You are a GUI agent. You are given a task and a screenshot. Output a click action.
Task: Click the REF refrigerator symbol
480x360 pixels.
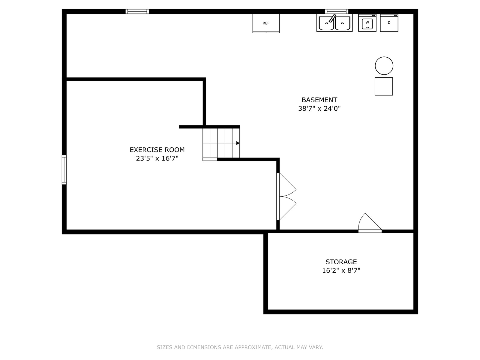click(x=266, y=23)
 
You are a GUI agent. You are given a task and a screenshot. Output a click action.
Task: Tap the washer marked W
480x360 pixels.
click(x=367, y=23)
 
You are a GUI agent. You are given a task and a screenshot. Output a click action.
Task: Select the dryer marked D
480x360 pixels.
click(x=389, y=23)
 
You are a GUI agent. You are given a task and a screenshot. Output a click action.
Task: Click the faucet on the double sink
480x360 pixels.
click(x=332, y=18)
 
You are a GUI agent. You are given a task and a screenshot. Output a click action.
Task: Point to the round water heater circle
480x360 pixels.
click(x=384, y=66)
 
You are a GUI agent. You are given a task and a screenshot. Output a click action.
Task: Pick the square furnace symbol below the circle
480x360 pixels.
click(x=384, y=86)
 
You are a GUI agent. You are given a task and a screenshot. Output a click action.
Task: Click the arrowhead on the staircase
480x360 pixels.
click(x=238, y=143)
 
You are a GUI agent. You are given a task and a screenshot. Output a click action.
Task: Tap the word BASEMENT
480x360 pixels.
click(x=319, y=100)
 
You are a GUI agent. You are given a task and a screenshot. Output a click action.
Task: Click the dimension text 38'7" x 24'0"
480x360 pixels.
click(x=319, y=108)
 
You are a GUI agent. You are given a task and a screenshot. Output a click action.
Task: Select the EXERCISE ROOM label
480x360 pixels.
click(x=157, y=150)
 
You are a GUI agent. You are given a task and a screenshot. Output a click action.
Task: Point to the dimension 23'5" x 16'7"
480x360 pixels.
click(x=157, y=158)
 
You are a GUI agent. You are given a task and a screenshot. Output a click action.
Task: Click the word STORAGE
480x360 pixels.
click(x=341, y=262)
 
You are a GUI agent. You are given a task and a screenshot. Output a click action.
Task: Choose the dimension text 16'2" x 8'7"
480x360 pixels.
click(x=341, y=271)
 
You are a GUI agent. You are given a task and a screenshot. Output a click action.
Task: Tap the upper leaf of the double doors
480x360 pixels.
click(x=286, y=185)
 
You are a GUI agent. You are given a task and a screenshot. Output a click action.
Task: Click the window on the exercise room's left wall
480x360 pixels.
click(x=64, y=170)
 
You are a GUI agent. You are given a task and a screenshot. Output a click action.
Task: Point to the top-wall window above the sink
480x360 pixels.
click(x=337, y=11)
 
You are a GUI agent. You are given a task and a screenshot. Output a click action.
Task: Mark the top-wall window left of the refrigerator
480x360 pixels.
click(x=137, y=11)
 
